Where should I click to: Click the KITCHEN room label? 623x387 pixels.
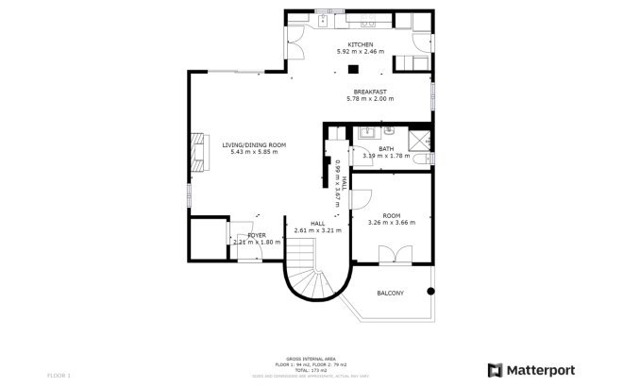[361, 45]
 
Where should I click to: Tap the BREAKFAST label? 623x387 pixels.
[370, 92]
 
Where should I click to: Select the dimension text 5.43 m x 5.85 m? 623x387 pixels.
[254, 152]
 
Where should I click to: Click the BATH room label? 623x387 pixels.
[386, 148]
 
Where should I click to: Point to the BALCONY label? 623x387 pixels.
[390, 293]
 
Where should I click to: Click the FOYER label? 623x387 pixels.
[257, 235]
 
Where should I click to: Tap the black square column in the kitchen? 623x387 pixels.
[352, 69]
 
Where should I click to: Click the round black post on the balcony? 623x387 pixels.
[431, 289]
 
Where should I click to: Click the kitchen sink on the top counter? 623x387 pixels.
[323, 19]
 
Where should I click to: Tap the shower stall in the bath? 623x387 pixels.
[416, 140]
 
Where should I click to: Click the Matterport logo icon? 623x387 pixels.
[495, 369]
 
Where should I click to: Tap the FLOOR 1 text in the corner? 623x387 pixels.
[59, 376]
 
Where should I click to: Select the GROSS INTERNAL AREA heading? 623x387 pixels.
[311, 358]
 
